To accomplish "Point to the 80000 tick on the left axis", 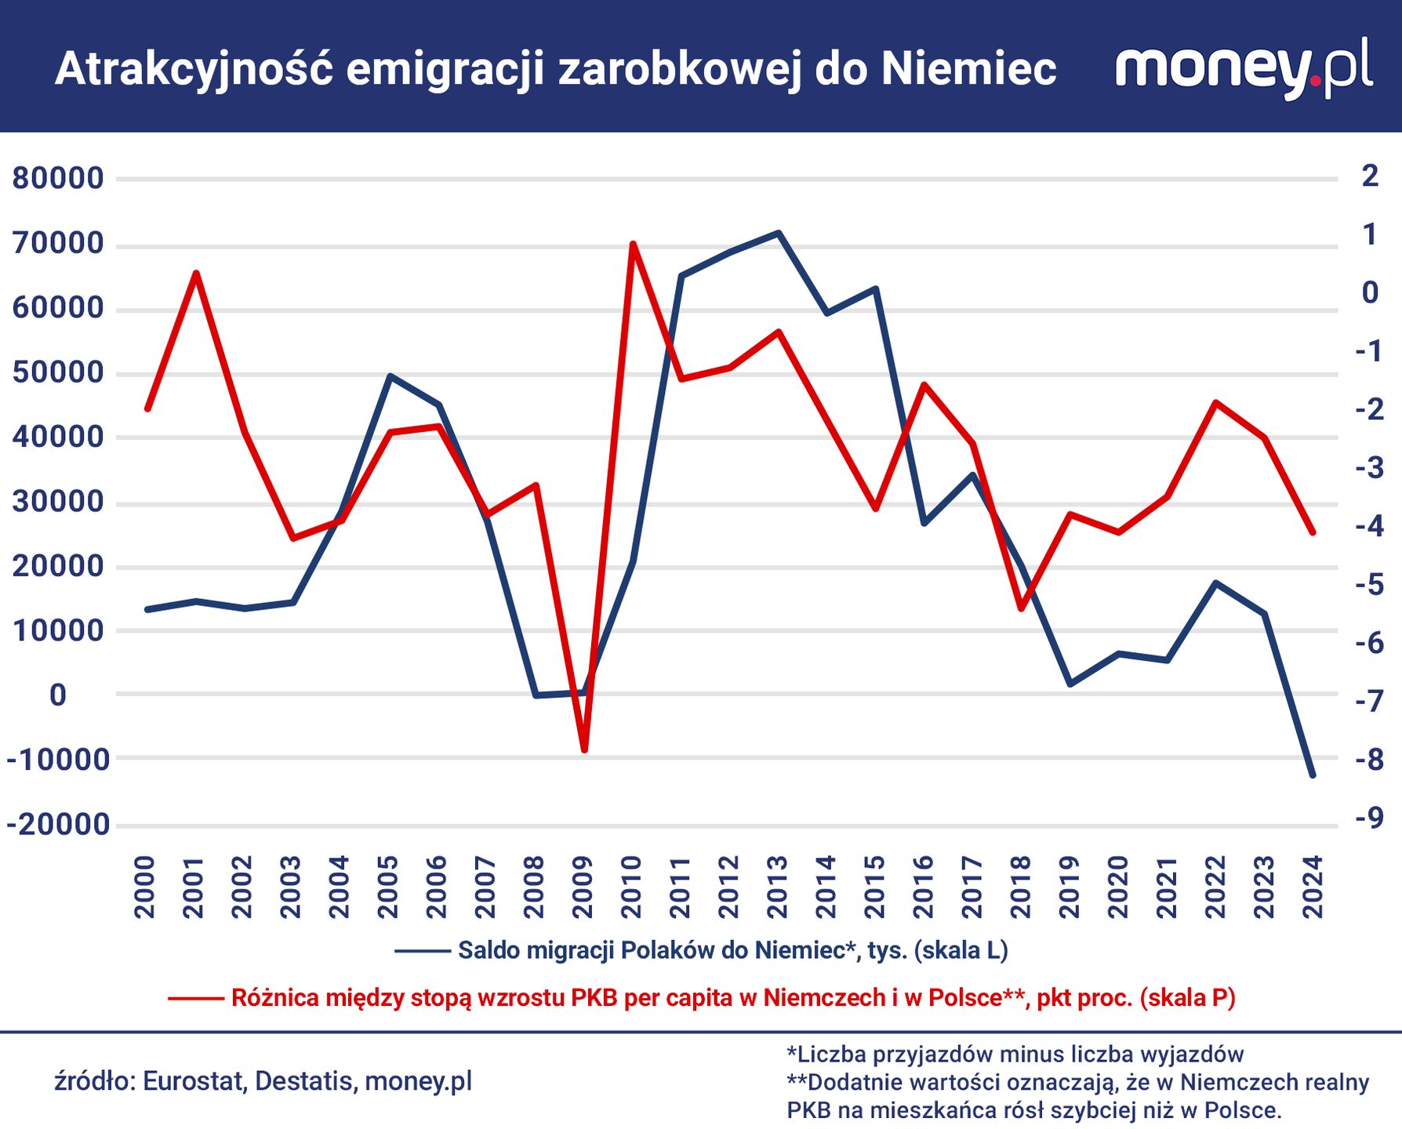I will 58,178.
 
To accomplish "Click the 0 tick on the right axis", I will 1370,292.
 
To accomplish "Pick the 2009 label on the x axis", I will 583,887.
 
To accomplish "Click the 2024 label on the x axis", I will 1313,887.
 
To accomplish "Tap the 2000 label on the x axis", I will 146,887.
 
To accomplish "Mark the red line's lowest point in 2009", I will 584,750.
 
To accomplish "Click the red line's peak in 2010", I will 633,244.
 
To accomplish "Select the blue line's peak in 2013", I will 778,233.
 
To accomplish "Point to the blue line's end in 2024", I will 1313,775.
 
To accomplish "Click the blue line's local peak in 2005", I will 390,376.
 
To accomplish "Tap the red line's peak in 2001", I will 196,273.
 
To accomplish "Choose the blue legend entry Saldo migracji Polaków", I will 732,950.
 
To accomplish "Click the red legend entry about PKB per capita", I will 732,997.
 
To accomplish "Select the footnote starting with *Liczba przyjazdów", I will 1015,1054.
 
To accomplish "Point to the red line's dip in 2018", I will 1022,609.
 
